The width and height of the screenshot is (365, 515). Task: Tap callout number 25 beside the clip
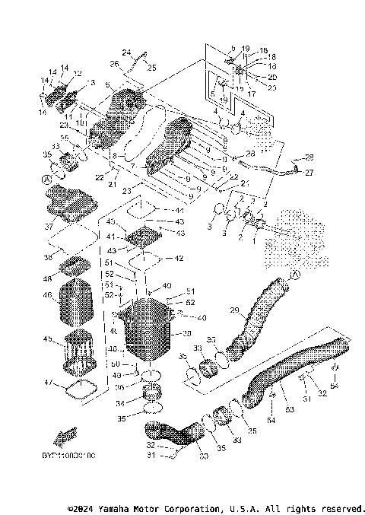151,68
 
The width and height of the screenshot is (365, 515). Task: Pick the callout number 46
47,295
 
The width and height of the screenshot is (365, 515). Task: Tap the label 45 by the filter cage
47,339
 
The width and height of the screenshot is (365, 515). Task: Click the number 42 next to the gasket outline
179,259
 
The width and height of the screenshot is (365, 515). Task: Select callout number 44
179,210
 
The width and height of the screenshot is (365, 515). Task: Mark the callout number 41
110,237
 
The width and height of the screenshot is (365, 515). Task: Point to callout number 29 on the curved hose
235,310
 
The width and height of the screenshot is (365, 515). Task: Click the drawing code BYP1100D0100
64,454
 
